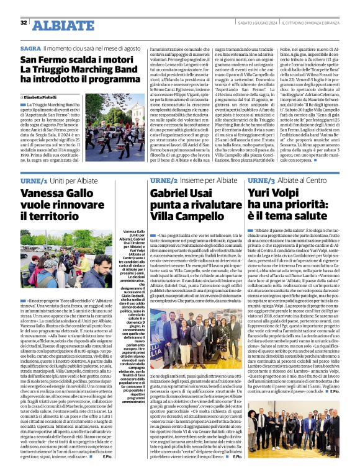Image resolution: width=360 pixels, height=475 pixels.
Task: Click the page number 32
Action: point(24,23)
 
